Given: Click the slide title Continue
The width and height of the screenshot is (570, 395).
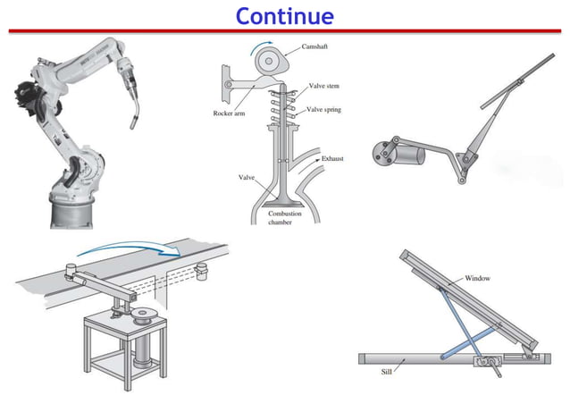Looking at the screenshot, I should click(285, 15).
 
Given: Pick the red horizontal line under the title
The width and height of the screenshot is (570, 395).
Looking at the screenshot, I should click(285, 30).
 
